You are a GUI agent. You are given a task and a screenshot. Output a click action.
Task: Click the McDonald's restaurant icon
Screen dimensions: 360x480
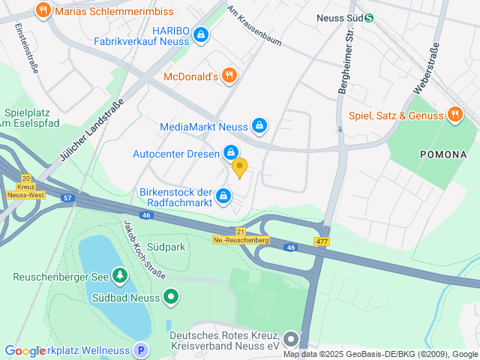point(229,76)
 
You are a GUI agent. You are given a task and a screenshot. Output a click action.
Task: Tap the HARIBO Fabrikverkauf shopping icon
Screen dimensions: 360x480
point(200,34)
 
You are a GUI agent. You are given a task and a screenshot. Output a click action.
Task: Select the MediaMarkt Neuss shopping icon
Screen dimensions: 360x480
point(259,126)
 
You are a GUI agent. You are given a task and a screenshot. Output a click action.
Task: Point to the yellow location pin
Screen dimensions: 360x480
point(239,167)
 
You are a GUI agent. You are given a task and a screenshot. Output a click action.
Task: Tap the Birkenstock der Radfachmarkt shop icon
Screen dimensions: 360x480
point(223,196)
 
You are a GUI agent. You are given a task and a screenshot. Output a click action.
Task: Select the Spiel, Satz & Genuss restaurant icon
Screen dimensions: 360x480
point(454,115)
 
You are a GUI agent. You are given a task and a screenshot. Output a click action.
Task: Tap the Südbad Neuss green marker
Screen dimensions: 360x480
point(170,297)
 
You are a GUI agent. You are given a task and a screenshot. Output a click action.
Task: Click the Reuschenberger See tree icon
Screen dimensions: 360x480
point(118,276)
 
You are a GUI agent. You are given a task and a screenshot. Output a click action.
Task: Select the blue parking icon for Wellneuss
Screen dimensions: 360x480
point(140,349)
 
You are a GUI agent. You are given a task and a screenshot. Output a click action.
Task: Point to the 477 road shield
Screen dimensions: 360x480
point(322,241)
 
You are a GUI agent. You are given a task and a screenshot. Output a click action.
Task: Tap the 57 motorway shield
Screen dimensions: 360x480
point(67,198)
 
